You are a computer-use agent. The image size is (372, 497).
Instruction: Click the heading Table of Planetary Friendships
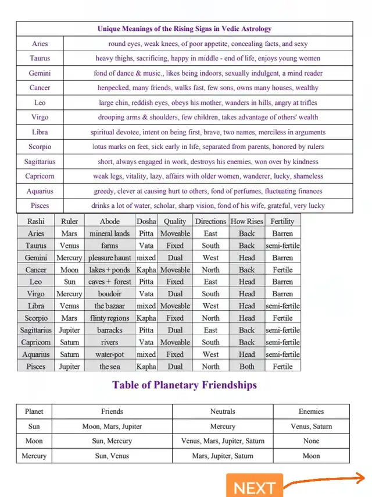point(184,385)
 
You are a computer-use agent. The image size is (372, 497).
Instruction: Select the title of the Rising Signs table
point(184,29)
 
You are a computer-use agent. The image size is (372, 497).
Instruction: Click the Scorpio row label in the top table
point(40,147)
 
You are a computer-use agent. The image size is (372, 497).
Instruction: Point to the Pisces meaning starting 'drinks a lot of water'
point(208,205)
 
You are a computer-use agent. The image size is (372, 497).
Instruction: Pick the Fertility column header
point(282,221)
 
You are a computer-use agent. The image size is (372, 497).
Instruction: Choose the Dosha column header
point(146,221)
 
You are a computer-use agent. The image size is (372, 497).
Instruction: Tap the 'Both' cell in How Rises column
point(246,367)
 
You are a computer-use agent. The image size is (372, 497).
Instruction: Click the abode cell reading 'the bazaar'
point(109,306)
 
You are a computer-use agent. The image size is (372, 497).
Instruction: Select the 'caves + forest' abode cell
point(109,282)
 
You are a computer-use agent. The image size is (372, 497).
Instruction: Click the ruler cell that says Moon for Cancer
point(69,270)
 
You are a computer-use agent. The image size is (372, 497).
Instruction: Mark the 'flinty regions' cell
point(109,318)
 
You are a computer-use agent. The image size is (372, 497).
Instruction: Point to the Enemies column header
point(311,411)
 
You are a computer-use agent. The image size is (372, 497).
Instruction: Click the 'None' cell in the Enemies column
point(311,441)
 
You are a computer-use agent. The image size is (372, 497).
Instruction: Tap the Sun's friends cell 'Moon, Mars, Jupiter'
point(112,427)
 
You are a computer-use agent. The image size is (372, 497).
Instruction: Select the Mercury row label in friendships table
point(34,456)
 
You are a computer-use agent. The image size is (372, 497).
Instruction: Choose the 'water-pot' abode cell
point(109,354)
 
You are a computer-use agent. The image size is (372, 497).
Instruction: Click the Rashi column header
point(36,221)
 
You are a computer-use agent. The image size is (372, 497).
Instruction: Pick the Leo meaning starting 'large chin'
point(208,103)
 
